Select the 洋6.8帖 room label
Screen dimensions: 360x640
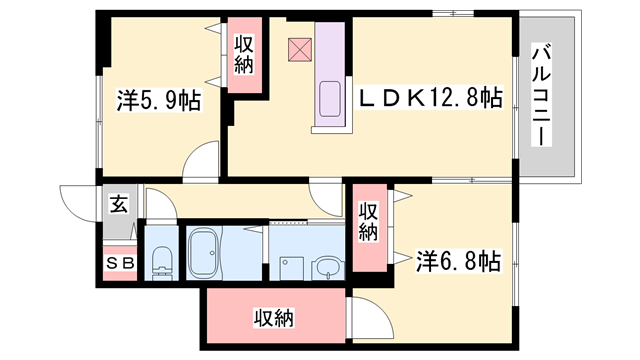tap(458, 261)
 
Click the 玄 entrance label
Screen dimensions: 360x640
tap(118, 205)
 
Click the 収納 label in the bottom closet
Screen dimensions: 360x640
tap(273, 319)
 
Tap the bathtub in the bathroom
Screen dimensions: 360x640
tap(208, 254)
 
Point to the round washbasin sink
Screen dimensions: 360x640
tap(327, 267)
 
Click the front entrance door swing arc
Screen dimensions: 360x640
tap(76, 201)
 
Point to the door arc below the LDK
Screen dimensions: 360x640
tap(326, 189)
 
